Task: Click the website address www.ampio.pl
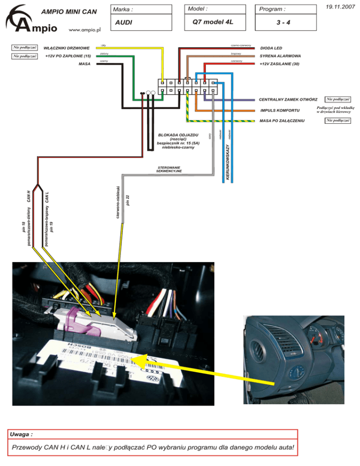[x=85, y=30]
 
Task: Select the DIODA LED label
[x=270, y=48]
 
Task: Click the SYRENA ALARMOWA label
[x=280, y=56]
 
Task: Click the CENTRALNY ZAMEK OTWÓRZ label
[x=288, y=99]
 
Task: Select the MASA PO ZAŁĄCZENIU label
[x=282, y=121]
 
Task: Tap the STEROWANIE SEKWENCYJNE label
[x=169, y=169]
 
